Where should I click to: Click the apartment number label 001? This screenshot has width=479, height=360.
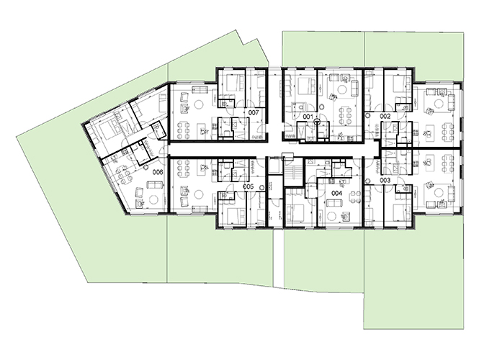308,117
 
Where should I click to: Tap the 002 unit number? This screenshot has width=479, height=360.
385,117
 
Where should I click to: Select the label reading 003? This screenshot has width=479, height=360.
385,181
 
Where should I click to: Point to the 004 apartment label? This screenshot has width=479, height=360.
336,193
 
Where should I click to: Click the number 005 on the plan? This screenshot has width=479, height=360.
249,186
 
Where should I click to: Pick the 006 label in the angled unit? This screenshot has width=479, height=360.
158,173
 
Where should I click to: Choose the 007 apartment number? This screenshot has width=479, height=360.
254,112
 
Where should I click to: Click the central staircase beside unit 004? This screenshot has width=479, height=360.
295,174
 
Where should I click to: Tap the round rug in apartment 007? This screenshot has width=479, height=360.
199,104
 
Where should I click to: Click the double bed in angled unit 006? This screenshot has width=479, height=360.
107,131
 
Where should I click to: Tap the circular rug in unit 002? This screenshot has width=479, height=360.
439,104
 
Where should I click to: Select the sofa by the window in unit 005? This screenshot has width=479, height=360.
200,209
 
